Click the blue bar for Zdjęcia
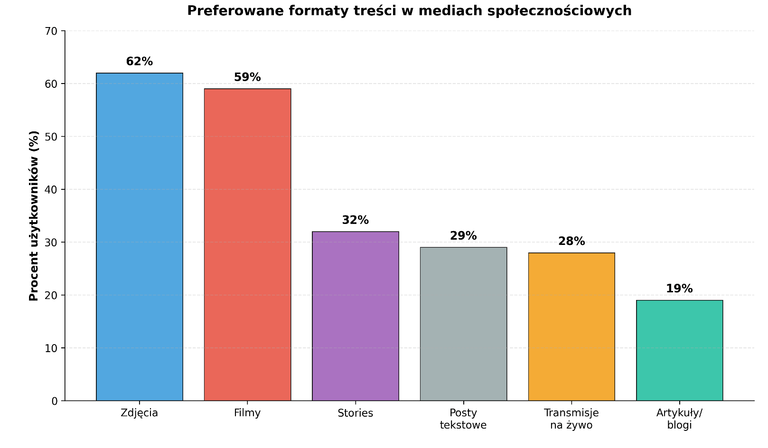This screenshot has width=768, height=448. pyautogui.click(x=140, y=237)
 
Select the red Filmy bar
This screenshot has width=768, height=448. pyautogui.click(x=247, y=244)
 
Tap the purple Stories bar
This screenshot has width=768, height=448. pyautogui.click(x=356, y=316)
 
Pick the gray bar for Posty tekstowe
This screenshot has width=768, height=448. pyautogui.click(x=463, y=324)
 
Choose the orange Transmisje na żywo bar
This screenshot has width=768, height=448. pyautogui.click(x=571, y=327)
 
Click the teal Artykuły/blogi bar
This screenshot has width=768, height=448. pyautogui.click(x=679, y=350)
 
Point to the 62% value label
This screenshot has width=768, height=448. pyautogui.click(x=140, y=62)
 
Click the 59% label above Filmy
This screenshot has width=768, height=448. pyautogui.click(x=247, y=77)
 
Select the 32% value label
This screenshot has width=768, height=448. pyautogui.click(x=356, y=220)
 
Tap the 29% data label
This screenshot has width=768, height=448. pyautogui.click(x=463, y=236)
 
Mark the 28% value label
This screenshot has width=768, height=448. pyautogui.click(x=571, y=241)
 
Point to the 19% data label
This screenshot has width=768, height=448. pyautogui.click(x=679, y=289)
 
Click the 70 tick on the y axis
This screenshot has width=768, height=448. pyautogui.click(x=51, y=31)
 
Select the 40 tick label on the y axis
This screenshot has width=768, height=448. pyautogui.click(x=51, y=190)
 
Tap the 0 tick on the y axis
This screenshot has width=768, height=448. pyautogui.click(x=55, y=401)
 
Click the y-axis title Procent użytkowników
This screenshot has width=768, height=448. pyautogui.click(x=33, y=216)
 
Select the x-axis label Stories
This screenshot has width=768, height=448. pyautogui.click(x=356, y=413)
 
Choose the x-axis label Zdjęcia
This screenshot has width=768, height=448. pyautogui.click(x=140, y=413)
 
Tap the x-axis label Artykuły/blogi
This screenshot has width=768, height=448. pyautogui.click(x=679, y=419)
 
